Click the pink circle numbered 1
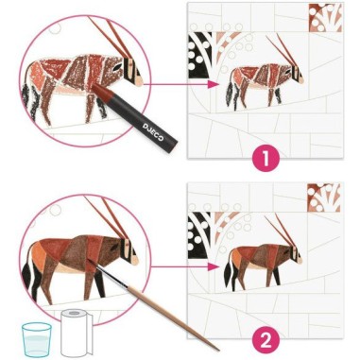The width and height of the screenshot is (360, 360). (266, 159)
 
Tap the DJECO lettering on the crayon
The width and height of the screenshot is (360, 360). (153, 130)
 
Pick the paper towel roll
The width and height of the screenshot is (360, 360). (77, 332)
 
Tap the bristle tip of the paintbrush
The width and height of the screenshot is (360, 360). (90, 262)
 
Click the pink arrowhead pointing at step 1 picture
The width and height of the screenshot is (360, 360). (213, 84)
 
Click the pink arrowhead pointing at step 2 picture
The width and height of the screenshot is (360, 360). (213, 266)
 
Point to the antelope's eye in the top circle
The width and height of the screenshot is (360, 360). (117, 66)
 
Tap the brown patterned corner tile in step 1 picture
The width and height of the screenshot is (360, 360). (325, 18)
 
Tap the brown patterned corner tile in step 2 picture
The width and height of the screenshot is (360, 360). (324, 197)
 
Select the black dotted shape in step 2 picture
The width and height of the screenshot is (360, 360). (197, 235)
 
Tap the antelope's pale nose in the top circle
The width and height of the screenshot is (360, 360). (137, 81)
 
